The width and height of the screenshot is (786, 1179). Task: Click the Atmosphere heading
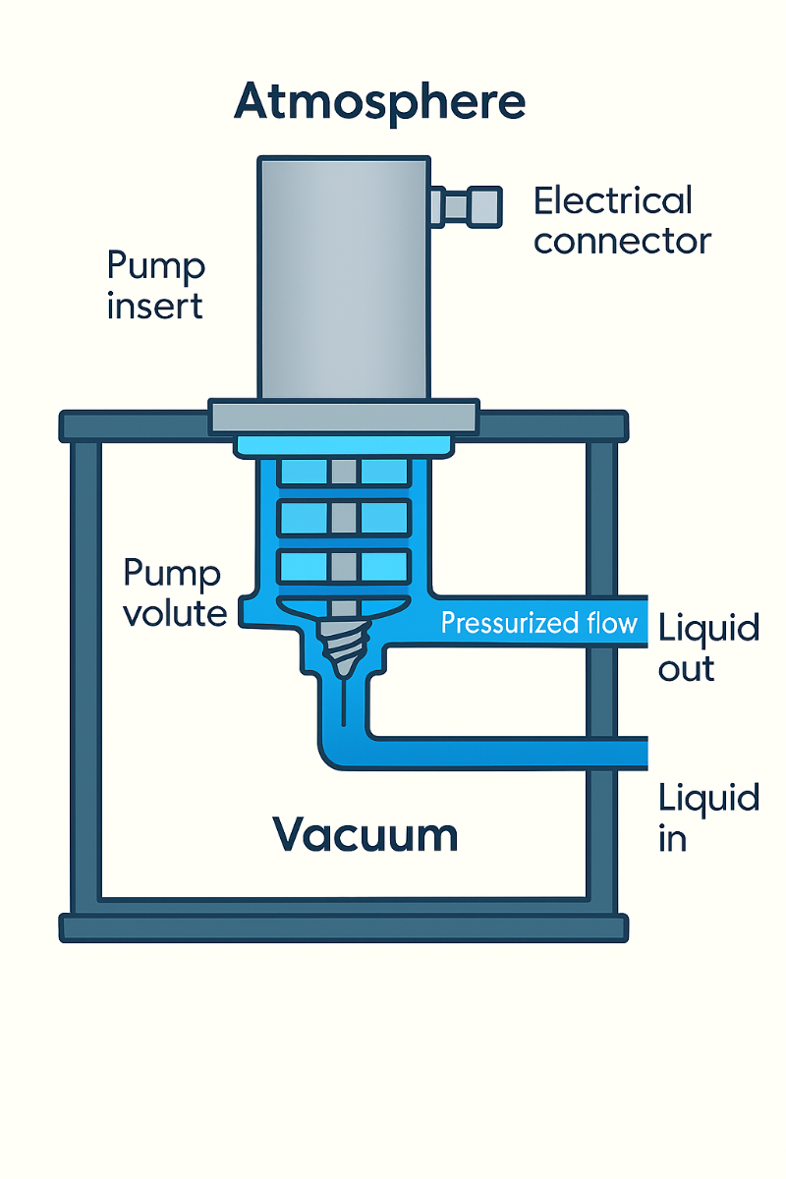(x=379, y=102)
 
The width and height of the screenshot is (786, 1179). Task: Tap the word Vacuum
(x=365, y=835)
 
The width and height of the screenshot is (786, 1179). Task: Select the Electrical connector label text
(x=621, y=221)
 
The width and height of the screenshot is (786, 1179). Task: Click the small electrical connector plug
(x=467, y=205)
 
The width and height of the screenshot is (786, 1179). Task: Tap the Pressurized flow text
(x=538, y=623)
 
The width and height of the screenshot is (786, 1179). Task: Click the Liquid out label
(x=707, y=647)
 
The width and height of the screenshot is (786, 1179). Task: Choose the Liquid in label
(x=707, y=816)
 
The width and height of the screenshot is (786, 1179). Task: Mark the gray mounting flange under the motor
(x=344, y=416)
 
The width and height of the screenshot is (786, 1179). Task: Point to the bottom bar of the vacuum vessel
(x=344, y=927)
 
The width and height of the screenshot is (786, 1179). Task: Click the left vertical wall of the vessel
(x=85, y=678)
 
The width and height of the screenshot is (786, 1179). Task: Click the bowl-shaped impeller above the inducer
(x=343, y=608)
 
